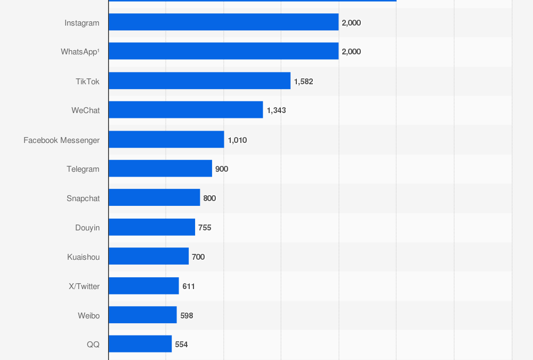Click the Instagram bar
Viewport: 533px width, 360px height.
[223, 22]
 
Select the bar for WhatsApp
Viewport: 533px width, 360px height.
[223, 51]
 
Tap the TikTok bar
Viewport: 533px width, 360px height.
[199, 81]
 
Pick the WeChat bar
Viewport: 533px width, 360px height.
[185, 110]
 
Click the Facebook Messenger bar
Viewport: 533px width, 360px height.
[166, 140]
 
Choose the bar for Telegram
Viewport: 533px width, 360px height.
[160, 169]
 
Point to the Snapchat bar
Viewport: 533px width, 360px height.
[154, 198]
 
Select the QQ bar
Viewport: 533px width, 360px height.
[140, 344]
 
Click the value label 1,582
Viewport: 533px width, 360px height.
[303, 82]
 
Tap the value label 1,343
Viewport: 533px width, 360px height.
[276, 110]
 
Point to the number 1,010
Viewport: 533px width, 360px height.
[237, 140]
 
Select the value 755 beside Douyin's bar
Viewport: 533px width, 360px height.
[205, 228]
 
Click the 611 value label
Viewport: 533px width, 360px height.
[189, 286]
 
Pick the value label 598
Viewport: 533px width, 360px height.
[187, 316]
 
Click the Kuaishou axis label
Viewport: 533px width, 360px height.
[83, 257]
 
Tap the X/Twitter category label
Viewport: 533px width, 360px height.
[84, 286]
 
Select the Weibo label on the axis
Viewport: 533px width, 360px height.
[88, 316]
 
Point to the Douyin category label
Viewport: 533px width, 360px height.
[87, 228]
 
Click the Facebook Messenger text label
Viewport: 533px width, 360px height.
[61, 140]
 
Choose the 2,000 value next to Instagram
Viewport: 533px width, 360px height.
[351, 23]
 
